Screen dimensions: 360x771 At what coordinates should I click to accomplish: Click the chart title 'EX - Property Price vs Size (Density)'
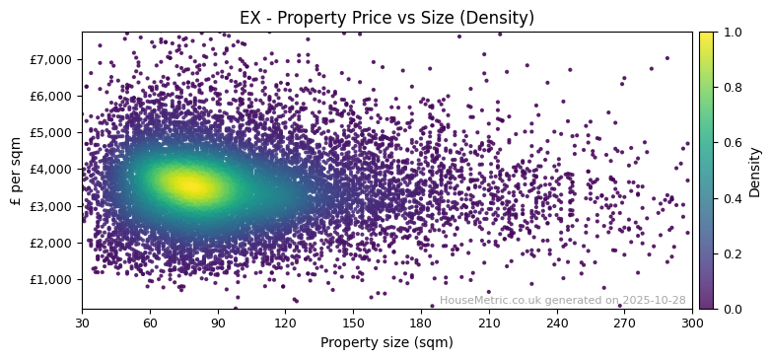click(x=386, y=18)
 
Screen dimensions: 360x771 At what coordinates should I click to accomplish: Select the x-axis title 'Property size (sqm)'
click(x=386, y=343)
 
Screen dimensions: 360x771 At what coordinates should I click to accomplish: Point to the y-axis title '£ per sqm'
click(x=16, y=171)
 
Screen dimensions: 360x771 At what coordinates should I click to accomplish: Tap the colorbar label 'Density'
click(x=755, y=172)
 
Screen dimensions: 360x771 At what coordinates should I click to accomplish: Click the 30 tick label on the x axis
click(x=82, y=323)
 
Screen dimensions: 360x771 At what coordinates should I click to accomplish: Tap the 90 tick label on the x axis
click(x=218, y=323)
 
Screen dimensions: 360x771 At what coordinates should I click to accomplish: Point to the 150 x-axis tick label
click(x=353, y=323)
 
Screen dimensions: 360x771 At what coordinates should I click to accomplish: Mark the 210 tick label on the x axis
click(x=489, y=323)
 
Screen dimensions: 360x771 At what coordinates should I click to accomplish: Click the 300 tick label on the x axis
click(x=692, y=323)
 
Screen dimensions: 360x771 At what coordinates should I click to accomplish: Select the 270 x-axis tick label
click(x=624, y=323)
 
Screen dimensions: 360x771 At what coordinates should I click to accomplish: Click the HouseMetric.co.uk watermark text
click(x=562, y=300)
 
